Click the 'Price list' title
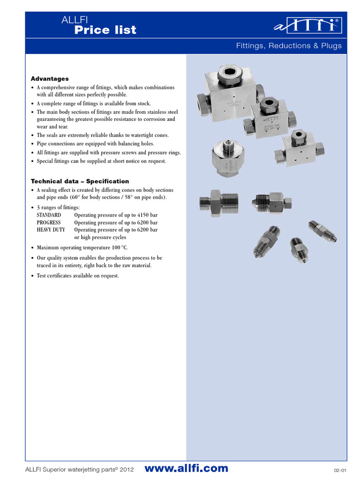pyautogui.click(x=105, y=30)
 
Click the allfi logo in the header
pyautogui.click(x=307, y=26)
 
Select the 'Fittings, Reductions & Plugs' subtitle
pyautogui.click(x=289, y=46)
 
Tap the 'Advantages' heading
pyautogui.click(x=50, y=79)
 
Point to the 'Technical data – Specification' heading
pyautogui.click(x=80, y=181)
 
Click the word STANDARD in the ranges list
pyautogui.click(x=49, y=215)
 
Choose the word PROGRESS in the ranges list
pyautogui.click(x=49, y=222)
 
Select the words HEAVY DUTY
pyautogui.click(x=51, y=230)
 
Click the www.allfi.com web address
pyautogui.click(x=187, y=468)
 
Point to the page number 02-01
pyautogui.click(x=340, y=470)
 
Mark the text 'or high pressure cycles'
pyautogui.click(x=100, y=237)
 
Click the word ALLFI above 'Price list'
pyautogui.click(x=71, y=20)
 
